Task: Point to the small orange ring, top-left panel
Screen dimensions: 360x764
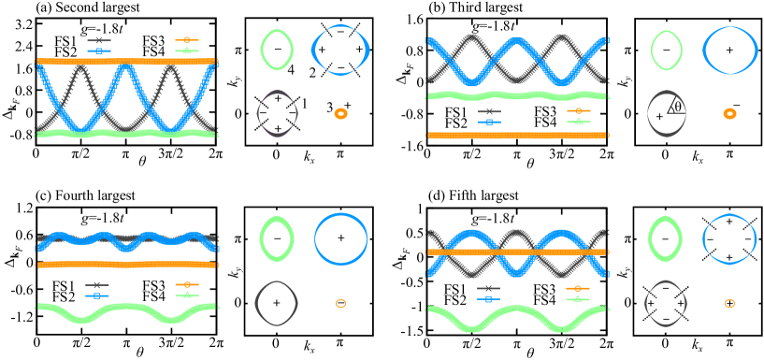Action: click(x=340, y=113)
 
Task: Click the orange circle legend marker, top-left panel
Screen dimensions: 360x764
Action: click(x=186, y=40)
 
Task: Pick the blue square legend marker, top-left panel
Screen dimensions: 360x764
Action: click(x=98, y=51)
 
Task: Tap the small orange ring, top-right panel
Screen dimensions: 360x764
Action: click(x=729, y=113)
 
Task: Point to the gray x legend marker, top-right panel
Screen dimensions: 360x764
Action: click(x=489, y=111)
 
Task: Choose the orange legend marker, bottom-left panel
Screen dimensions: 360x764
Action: click(x=186, y=284)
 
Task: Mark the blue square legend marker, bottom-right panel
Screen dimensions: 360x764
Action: click(x=488, y=298)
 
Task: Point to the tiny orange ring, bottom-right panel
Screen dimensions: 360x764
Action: click(x=729, y=303)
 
